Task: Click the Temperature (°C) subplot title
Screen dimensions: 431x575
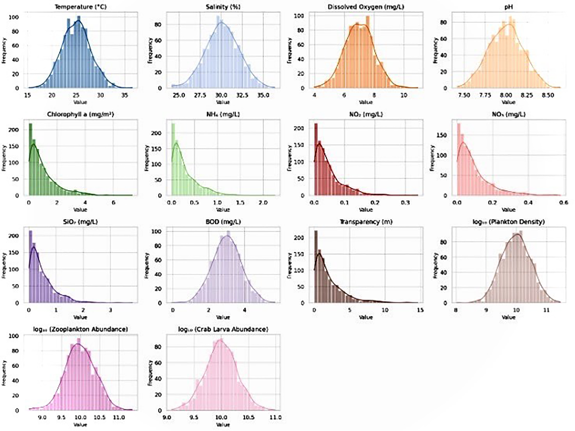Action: pos(80,6)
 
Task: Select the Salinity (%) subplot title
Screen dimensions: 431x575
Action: pos(223,6)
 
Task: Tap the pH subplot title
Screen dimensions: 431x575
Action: pos(509,6)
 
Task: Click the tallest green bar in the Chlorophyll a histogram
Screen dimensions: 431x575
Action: pos(30,159)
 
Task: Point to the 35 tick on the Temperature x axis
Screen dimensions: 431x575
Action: pos(124,95)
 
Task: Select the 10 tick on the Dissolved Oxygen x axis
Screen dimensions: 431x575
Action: pos(404,95)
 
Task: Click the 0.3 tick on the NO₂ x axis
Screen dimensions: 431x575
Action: pos(405,203)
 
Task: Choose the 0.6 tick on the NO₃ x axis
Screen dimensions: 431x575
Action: pos(564,203)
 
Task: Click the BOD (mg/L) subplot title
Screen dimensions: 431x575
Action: pos(223,222)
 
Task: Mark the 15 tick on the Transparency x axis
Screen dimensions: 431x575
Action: pos(420,310)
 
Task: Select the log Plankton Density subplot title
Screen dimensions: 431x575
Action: pos(509,222)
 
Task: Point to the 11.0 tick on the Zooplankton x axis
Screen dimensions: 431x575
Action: pos(119,418)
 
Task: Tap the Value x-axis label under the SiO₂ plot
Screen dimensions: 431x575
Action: pos(80,317)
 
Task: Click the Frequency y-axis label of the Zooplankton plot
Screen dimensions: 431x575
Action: pos(4,373)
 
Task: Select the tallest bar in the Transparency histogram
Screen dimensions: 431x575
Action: pos(316,267)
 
